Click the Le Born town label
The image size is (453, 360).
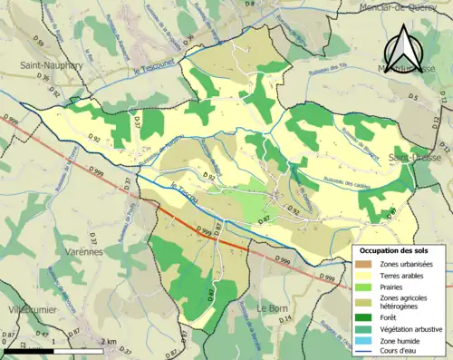coord(272,308)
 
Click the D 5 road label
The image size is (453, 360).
coord(413,95)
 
